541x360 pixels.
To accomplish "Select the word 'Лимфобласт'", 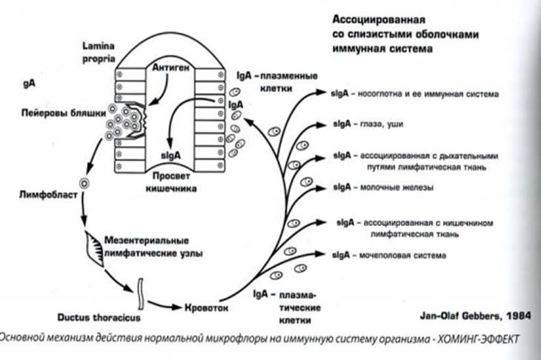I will (44, 195).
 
